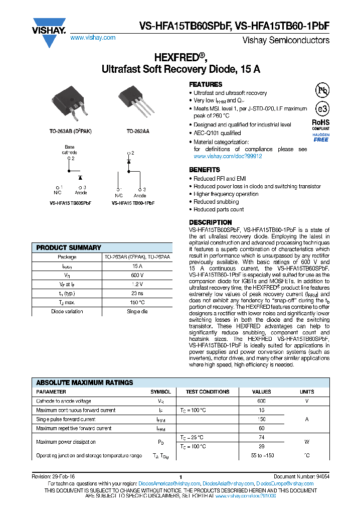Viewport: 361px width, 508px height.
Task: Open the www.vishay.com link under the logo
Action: coord(93,38)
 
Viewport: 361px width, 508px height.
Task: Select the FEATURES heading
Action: coord(206,85)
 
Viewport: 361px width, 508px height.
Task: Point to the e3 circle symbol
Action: coord(321,109)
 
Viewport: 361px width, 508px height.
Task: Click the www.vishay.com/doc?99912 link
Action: coord(228,157)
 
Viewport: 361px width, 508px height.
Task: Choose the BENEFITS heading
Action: coord(204,170)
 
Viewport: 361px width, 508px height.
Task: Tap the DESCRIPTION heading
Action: coord(210,222)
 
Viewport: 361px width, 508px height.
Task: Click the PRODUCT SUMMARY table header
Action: coord(69,247)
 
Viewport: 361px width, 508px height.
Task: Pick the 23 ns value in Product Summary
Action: coord(137,294)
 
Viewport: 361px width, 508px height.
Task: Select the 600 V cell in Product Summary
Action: coord(137,276)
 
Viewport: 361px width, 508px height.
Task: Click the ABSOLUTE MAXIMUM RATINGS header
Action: coord(85,383)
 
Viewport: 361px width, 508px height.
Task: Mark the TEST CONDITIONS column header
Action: coord(207,392)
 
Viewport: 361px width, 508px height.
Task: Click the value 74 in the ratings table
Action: coord(261,438)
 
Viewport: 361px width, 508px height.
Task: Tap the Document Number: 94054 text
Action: coord(301,476)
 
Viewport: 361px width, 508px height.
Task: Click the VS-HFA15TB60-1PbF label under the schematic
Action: coord(133,203)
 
